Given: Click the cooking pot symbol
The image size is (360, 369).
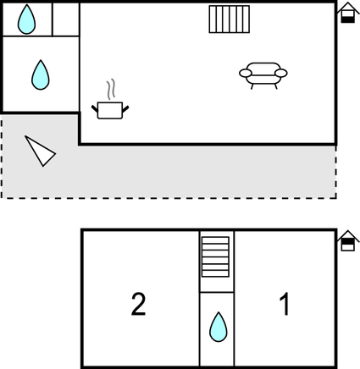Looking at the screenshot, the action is (110, 110).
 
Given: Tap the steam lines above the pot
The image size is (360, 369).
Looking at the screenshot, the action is (111, 89).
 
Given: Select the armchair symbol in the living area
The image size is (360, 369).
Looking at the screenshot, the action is (263, 75).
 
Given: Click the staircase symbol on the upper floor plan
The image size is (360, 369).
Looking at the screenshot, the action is (230, 19).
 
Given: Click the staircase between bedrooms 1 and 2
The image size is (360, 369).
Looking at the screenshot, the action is (215, 256).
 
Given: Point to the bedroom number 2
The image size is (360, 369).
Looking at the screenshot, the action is (138, 304).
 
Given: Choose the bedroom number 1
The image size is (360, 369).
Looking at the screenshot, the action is (285, 304).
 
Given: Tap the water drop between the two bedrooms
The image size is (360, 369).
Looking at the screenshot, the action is (219, 327).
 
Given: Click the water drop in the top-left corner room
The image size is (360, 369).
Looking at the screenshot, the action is (26, 19).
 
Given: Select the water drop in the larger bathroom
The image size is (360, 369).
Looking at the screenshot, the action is (41, 74).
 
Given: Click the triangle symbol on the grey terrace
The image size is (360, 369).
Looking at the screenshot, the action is (42, 151).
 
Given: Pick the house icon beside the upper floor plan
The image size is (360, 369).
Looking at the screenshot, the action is (348, 13).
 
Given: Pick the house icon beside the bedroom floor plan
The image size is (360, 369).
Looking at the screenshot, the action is (348, 240).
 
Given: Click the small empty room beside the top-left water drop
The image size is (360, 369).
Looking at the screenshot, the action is (66, 19).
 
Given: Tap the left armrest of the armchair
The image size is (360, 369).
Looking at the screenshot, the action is (246, 74).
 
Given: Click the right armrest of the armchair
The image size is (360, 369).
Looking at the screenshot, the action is (281, 74).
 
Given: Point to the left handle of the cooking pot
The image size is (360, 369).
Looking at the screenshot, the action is (95, 108).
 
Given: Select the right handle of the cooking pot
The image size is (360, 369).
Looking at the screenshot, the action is (125, 108).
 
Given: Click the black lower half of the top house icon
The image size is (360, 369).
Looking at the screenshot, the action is (348, 19).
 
